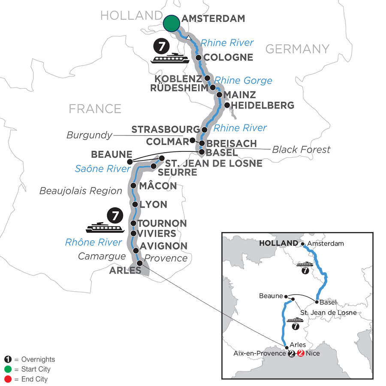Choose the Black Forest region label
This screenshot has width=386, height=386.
coord(302,149)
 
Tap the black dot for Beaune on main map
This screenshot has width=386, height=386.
coord(130,161)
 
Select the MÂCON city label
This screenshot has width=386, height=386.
coord(157,186)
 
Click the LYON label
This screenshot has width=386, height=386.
coord(153,205)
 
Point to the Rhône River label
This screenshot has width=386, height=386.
coord(93,242)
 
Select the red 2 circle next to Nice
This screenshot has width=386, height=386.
coord(301,354)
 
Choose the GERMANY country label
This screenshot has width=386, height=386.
coord(297,49)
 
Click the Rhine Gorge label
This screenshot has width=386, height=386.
coord(244,80)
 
